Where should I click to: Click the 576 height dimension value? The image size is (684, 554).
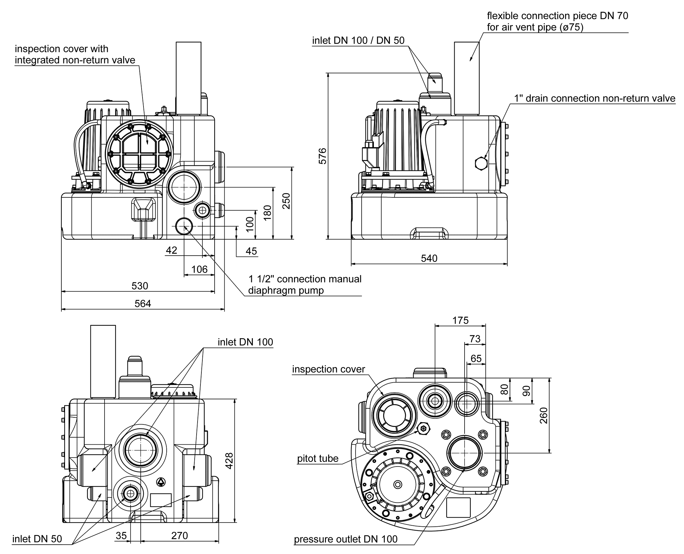[x=322, y=156]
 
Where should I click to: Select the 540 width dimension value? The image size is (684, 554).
[x=429, y=258]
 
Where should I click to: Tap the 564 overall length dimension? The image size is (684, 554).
[x=143, y=303]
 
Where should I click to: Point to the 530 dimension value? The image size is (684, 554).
[x=140, y=286]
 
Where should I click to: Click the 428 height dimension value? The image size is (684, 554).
[x=229, y=461]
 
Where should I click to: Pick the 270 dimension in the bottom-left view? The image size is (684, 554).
[x=179, y=535]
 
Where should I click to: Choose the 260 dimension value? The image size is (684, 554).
[x=543, y=415]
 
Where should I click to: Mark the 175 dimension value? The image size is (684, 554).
[x=460, y=320]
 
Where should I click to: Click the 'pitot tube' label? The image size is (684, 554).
[x=318, y=459]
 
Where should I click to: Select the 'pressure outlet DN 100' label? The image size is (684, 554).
[x=346, y=539]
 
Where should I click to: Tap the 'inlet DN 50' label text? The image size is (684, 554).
[x=37, y=539]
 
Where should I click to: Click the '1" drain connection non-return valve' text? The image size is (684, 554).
[x=595, y=98]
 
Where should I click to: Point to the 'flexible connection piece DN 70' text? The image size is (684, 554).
[x=557, y=16]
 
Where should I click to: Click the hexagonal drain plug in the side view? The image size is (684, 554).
[x=481, y=163]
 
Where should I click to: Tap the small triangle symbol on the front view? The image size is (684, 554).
[x=161, y=482]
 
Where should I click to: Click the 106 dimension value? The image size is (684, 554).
[x=199, y=269]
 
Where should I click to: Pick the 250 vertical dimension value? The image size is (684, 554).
[x=286, y=201]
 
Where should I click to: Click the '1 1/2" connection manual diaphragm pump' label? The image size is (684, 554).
[x=304, y=285]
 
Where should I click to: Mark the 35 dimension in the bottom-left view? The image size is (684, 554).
[x=121, y=535]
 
